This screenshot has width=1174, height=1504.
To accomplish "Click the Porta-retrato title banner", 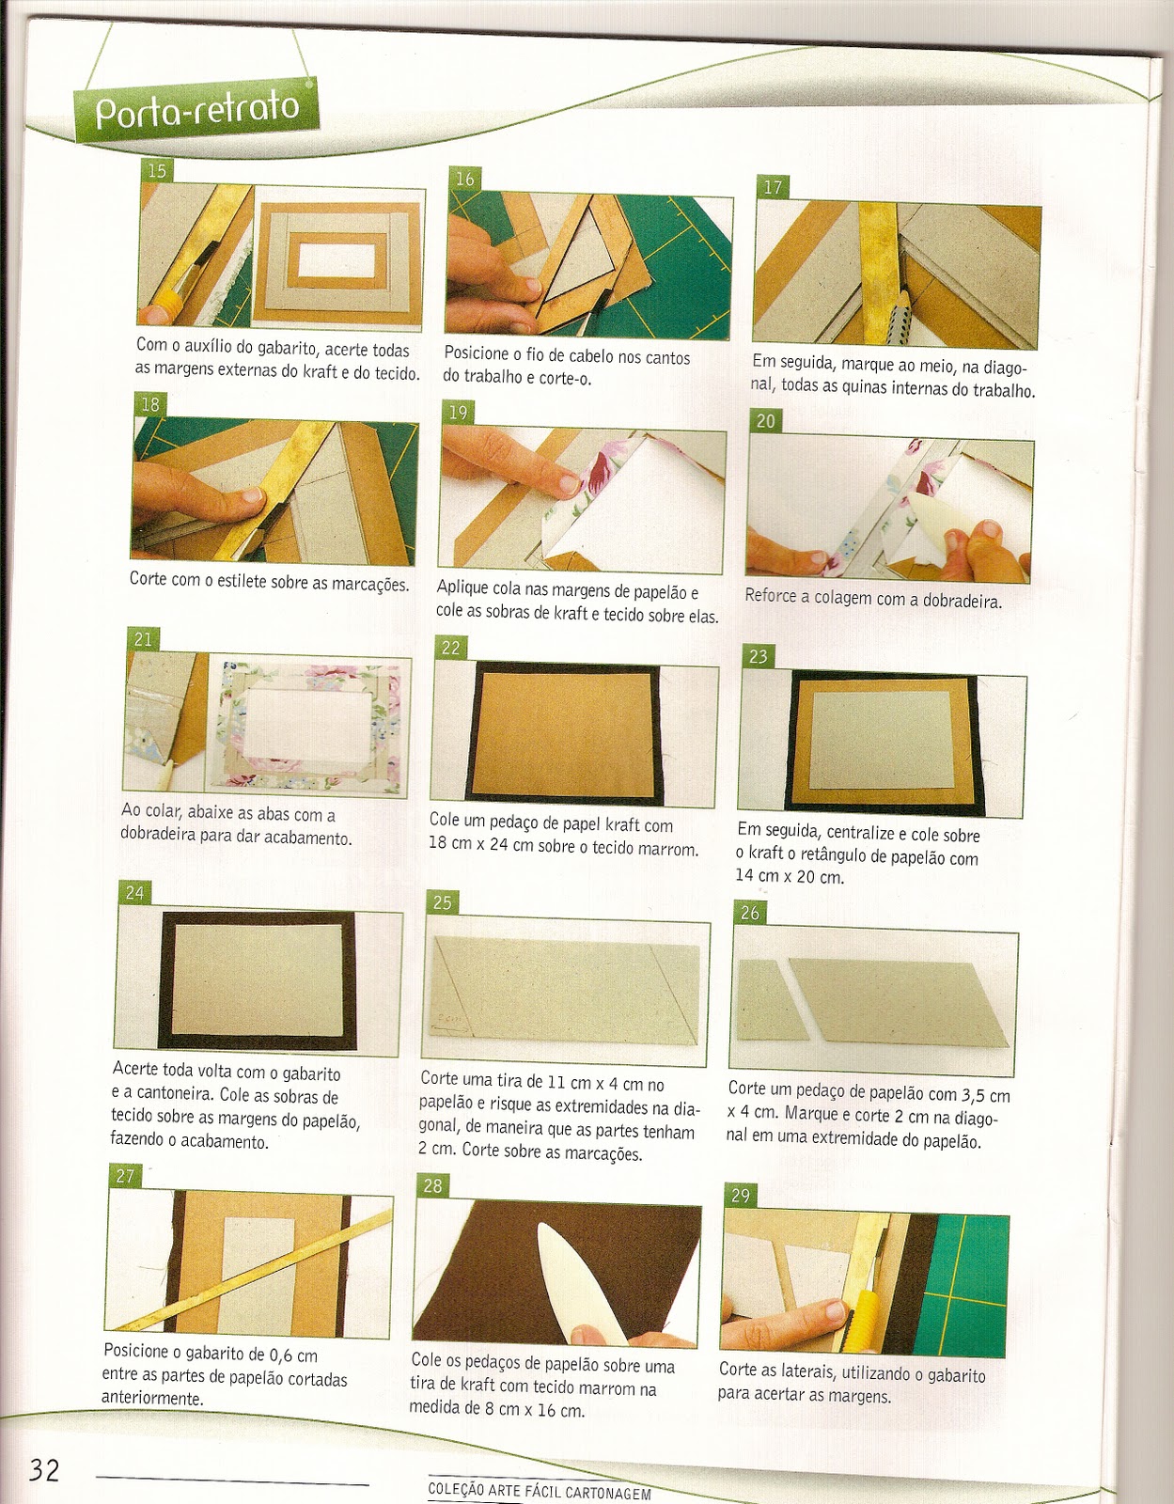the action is [196, 109].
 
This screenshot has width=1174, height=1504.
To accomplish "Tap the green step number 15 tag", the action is [156, 170].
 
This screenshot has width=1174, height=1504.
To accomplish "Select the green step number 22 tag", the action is [450, 648].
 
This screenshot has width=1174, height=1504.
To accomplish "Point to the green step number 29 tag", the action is [741, 1196].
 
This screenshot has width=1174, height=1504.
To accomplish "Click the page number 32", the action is [44, 1469].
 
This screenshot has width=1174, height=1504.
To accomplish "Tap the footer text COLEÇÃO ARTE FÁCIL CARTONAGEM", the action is [540, 1491].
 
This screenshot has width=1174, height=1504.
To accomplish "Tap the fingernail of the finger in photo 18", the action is [252, 494].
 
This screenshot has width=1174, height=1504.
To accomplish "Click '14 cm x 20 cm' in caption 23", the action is [790, 876].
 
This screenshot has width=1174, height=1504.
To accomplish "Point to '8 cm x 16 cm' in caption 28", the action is [535, 1409].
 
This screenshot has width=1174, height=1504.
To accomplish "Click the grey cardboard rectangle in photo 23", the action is [882, 739].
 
